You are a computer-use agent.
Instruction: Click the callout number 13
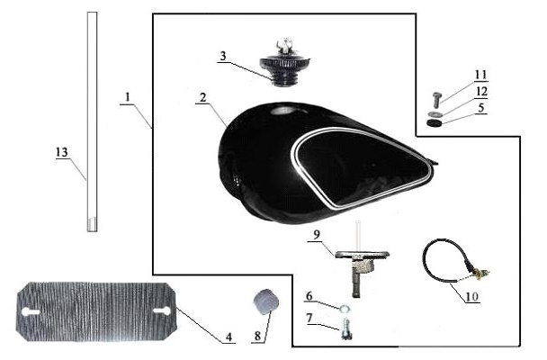(62, 152)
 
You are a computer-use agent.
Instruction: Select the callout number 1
(128, 97)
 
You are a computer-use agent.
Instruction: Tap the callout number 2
(202, 97)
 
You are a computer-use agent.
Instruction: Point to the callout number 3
(223, 56)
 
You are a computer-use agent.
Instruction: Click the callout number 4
(229, 337)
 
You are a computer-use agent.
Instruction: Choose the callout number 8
(257, 337)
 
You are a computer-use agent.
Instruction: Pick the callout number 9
(316, 234)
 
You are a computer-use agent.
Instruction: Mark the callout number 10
(471, 296)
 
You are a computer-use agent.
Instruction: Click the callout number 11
(480, 75)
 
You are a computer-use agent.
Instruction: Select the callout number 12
(481, 92)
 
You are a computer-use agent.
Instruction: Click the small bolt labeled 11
(436, 100)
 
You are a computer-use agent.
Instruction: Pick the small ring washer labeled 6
(345, 308)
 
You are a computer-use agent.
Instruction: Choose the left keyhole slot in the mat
(31, 312)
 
